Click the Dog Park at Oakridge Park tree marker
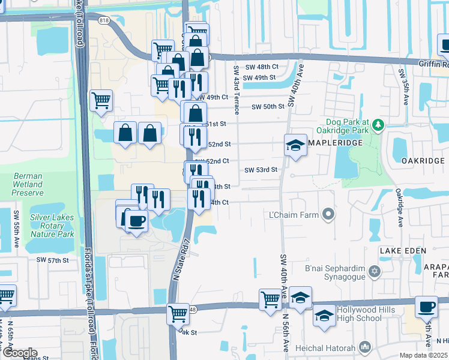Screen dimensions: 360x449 378,125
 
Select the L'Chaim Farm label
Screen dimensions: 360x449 295,214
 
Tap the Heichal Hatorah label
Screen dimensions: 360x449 330,347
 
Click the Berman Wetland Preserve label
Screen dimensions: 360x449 28,184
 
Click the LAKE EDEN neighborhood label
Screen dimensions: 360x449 402,250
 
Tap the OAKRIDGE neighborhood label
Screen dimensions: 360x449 423,161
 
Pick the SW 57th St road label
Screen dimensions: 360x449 52,260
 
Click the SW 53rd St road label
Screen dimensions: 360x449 261,170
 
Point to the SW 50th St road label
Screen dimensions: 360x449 267,107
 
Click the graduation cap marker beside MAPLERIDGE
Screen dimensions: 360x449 295,145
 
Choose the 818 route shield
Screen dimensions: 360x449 104,20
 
